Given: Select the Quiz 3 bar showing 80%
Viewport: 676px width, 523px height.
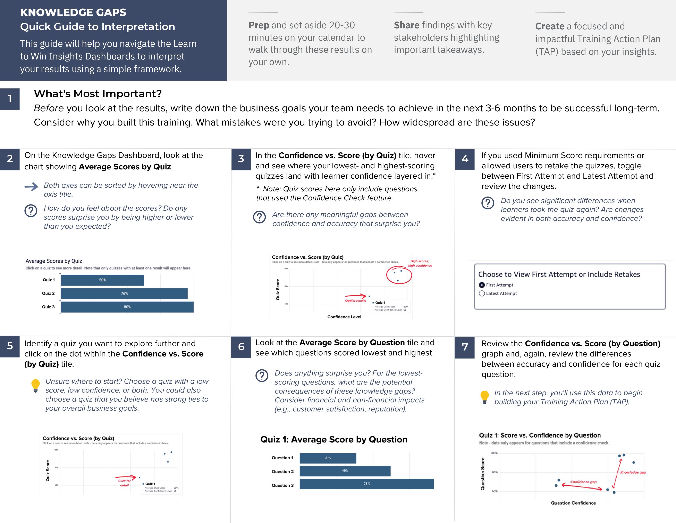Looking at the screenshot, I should pos(127,307).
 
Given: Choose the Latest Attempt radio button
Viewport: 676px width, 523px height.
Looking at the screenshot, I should pos(482,293).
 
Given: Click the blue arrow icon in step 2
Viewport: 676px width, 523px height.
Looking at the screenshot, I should pos(31,186).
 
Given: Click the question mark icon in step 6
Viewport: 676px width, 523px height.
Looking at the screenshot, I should pos(262,376).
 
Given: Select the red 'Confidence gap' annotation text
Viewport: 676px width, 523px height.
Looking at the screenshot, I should pos(583,482).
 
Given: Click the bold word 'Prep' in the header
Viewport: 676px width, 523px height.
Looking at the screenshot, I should pos(259,25).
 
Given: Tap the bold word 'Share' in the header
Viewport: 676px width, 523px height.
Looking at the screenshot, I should pos(406,25).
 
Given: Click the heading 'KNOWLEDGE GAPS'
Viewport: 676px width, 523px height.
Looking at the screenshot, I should pos(73,12).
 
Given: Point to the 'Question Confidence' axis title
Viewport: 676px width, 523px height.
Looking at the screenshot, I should pos(573,503).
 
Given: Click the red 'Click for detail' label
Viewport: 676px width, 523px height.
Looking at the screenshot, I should pos(124,483).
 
